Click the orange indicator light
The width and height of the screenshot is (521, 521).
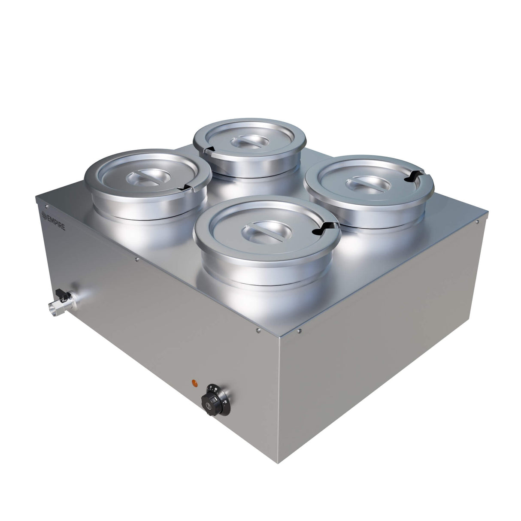194,382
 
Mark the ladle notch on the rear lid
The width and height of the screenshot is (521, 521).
209,149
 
